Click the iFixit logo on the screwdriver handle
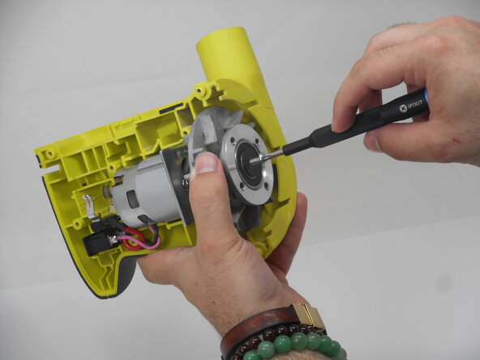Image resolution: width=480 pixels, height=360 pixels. pos(401,108)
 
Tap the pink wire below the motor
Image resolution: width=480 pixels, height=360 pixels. pos(150,243)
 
